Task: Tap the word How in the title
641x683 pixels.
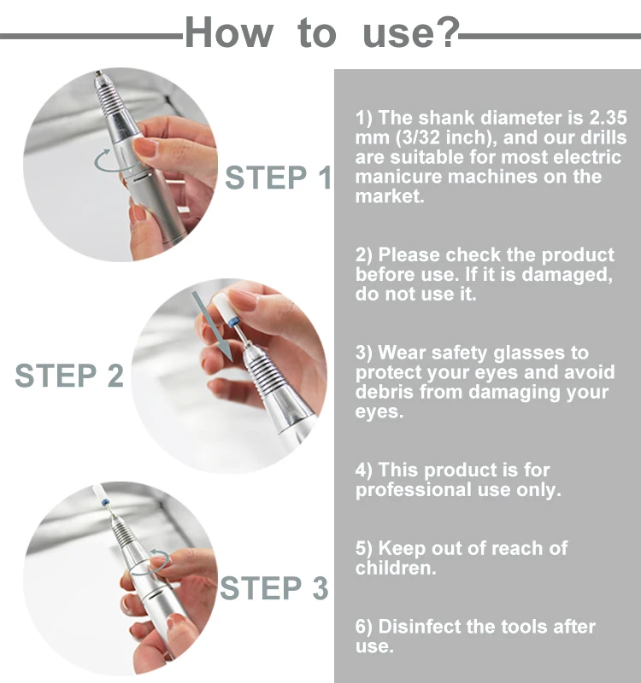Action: pos(229,32)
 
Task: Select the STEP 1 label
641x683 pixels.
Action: pos(278,178)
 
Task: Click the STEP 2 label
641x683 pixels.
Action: pos(69,375)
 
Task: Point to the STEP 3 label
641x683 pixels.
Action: pos(273,588)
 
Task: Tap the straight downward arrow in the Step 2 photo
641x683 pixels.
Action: pos(213,326)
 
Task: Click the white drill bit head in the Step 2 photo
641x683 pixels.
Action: pos(226,308)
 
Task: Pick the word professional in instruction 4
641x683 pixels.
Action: pos(414,490)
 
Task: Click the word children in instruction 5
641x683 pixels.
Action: pos(396,568)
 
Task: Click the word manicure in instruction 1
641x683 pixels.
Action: pos(397,177)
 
